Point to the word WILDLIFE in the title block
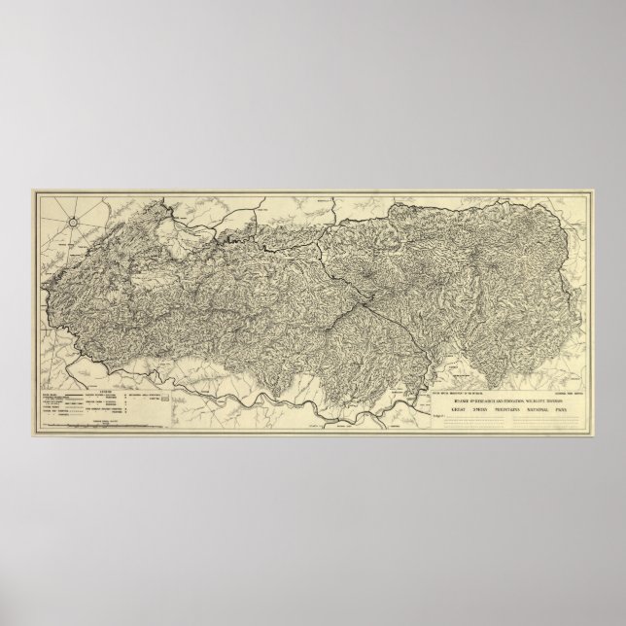point(536,402)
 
